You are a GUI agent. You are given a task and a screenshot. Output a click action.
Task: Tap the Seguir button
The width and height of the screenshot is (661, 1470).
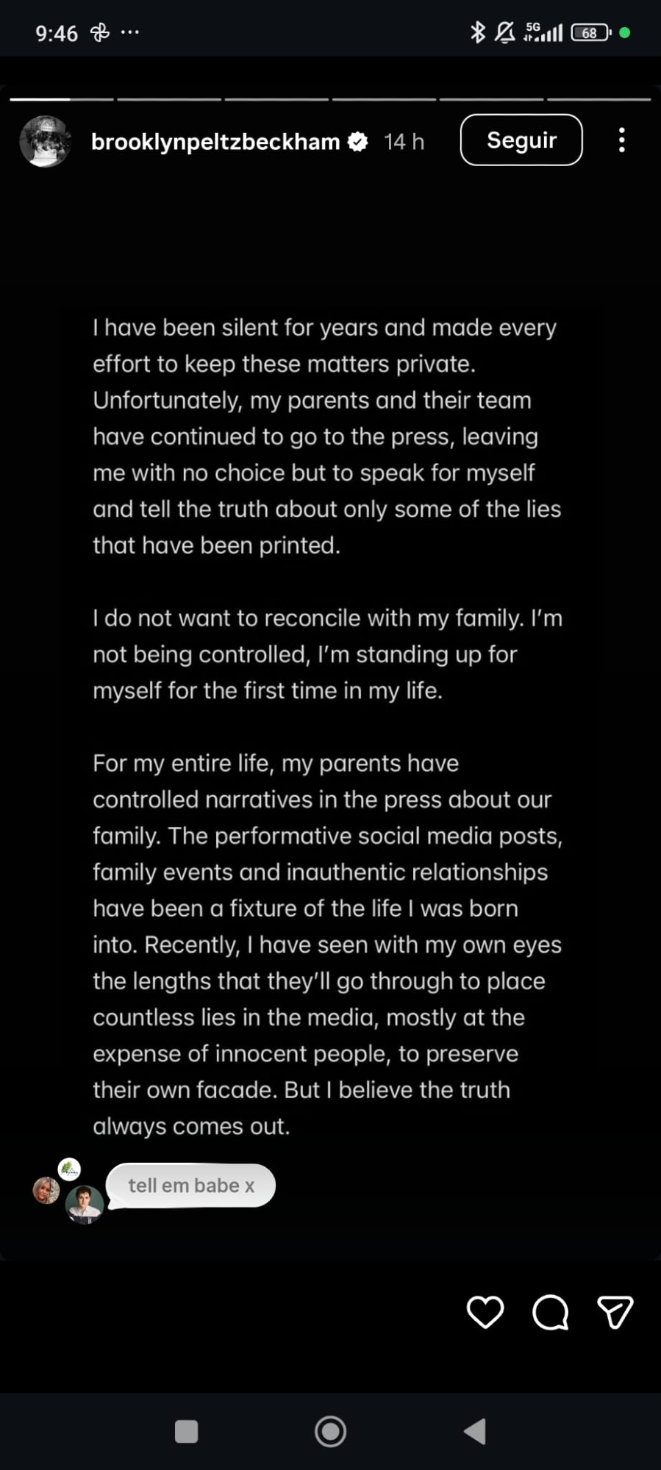pos(521,140)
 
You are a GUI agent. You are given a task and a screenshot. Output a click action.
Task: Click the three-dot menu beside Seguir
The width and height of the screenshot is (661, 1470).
pos(622,140)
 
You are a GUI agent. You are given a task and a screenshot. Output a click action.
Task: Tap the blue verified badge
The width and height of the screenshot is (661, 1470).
pos(357,142)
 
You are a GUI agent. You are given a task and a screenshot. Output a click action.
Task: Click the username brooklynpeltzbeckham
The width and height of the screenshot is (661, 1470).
pos(215,142)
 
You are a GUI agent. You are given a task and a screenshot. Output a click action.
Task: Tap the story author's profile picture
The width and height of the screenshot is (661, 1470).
pos(46,141)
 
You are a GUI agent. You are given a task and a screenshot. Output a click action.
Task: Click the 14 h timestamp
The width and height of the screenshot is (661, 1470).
pos(404,142)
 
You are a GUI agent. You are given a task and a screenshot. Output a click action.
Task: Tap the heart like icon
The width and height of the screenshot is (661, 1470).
pos(485,1312)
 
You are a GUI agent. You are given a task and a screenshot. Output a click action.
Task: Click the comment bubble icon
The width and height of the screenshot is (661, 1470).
pos(550,1312)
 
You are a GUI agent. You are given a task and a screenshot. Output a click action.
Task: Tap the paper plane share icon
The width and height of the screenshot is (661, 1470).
pos(615,1312)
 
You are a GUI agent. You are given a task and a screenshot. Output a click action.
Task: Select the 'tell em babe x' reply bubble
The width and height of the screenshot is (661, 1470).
pos(191,1186)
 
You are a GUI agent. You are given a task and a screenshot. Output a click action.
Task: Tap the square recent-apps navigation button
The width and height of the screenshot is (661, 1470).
pos(186,1431)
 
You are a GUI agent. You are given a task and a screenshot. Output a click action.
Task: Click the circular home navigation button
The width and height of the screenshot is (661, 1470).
pos(330,1431)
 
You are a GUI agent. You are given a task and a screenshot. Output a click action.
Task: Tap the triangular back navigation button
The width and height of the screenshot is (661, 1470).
pos(475,1431)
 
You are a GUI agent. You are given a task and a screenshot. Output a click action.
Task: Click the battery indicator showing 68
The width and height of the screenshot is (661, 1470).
pos(590,33)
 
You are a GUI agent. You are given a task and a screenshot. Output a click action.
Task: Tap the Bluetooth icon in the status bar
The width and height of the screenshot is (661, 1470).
pos(478,32)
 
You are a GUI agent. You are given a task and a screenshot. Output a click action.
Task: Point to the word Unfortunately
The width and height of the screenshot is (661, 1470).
pos(168,401)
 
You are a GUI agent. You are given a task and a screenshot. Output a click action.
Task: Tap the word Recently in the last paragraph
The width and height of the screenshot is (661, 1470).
pos(192,945)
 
